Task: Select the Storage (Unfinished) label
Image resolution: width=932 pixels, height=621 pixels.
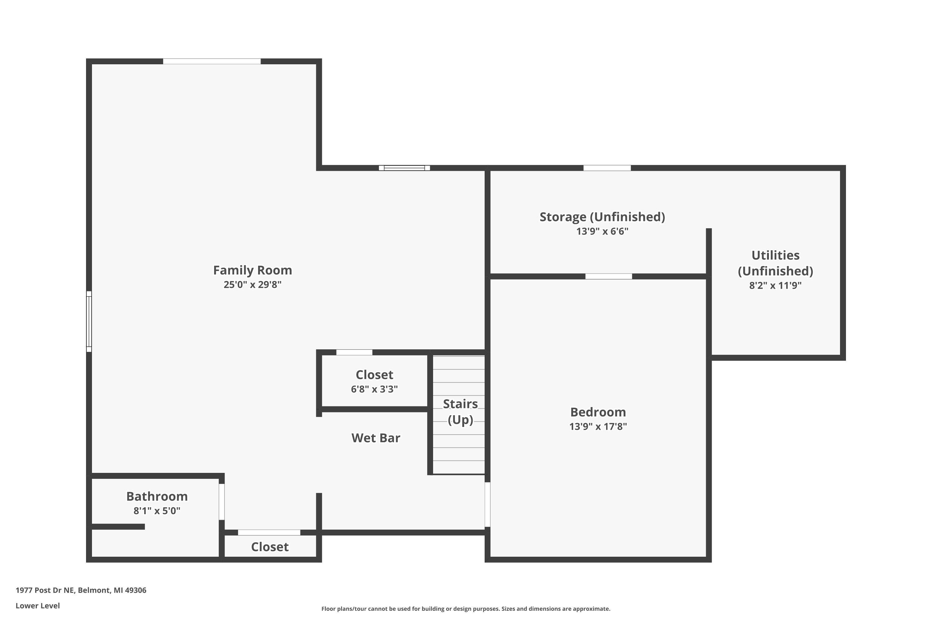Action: click(602, 217)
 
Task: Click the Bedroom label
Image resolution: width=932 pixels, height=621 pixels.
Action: click(598, 412)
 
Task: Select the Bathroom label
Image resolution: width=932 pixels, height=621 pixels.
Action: click(157, 496)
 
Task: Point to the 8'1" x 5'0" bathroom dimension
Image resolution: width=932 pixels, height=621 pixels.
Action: click(157, 510)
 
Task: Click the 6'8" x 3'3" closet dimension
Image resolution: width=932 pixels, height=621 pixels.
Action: click(374, 389)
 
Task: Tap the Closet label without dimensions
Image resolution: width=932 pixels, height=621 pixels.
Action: click(270, 547)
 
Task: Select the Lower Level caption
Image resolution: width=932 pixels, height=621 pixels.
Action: click(38, 605)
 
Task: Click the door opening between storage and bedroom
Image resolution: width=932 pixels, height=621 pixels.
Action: click(609, 276)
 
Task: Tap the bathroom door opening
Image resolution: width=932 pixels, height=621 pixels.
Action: click(222, 502)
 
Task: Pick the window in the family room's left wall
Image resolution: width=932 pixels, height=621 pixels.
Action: click(89, 322)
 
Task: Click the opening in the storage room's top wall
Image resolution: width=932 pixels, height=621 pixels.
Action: click(607, 168)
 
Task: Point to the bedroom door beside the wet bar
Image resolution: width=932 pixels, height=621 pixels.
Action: click(487, 505)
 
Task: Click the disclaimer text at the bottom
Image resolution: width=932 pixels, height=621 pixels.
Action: click(466, 609)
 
